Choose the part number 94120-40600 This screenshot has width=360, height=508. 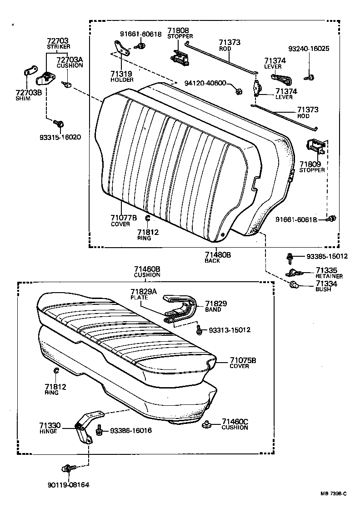205,83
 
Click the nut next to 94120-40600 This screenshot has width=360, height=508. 238,91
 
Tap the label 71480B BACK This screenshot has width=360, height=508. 218,257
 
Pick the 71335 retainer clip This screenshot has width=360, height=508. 294,272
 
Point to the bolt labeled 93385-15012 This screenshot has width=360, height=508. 289,257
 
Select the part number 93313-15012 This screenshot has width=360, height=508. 230,329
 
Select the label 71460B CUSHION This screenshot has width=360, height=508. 147,272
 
